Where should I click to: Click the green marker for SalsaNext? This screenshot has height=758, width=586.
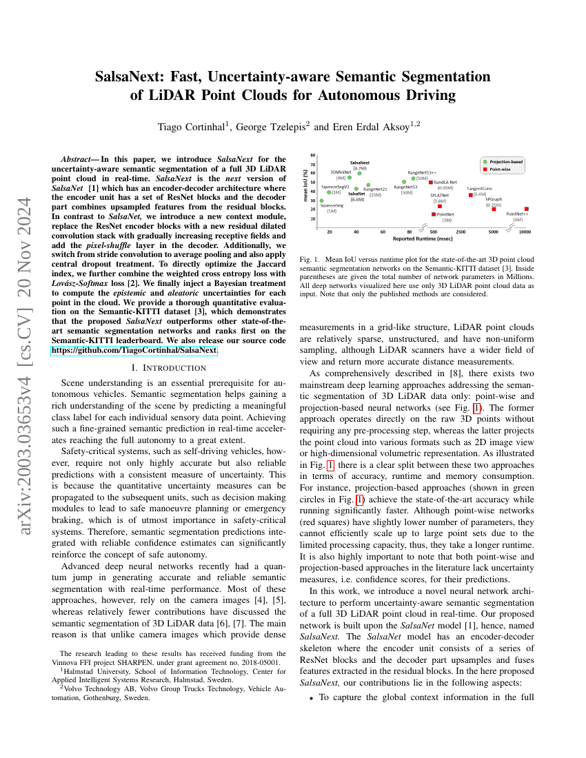click(x=359, y=173)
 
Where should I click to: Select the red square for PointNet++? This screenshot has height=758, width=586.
click(x=527, y=209)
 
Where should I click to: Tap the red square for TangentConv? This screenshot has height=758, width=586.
click(x=471, y=194)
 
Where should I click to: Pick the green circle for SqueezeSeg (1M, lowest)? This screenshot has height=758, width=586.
click(x=322, y=201)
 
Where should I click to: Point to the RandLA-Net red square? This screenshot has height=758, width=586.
click(x=431, y=182)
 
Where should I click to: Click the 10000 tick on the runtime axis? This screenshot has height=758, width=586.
click(x=525, y=232)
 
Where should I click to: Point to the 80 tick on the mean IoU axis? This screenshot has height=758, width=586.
click(x=313, y=156)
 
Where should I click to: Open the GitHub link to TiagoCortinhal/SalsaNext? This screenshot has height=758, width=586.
click(x=134, y=350)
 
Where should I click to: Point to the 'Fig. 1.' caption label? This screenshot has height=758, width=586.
click(x=309, y=260)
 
